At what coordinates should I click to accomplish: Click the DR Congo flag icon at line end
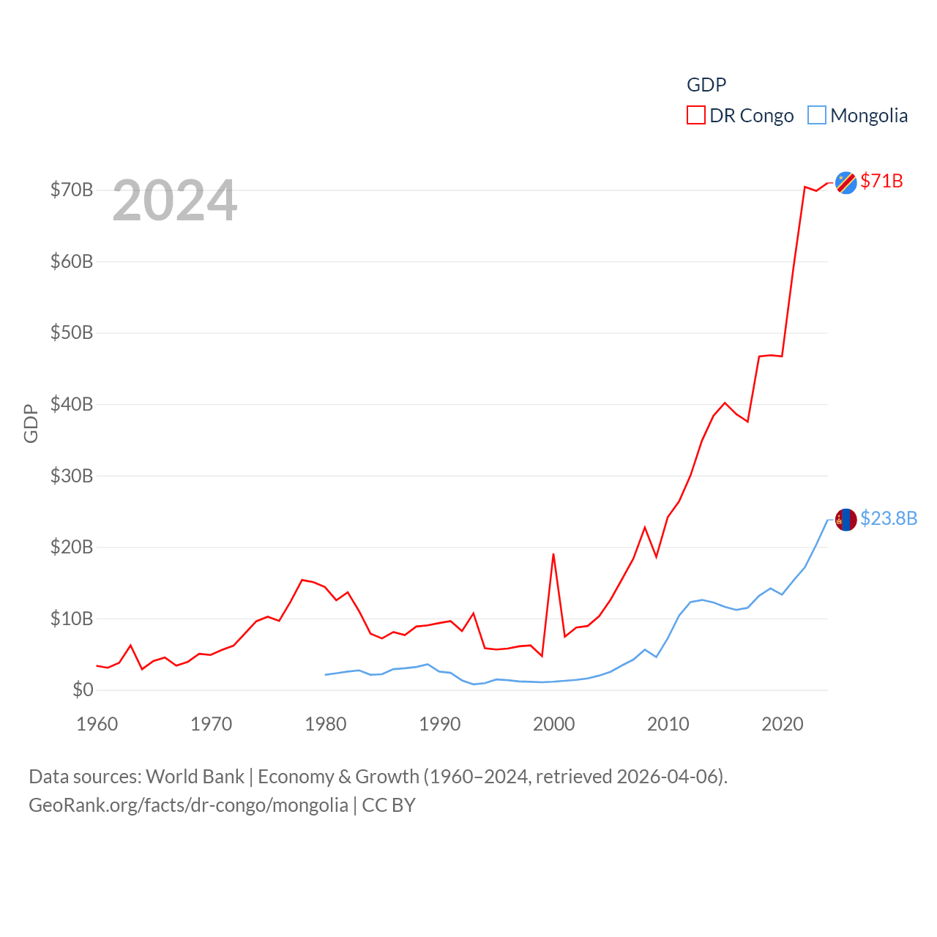coord(845,182)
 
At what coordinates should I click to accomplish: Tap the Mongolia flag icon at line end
coord(845,520)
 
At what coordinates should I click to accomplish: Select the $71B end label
coord(881,181)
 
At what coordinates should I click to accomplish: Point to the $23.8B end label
coord(888,518)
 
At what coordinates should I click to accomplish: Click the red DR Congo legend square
coord(695,116)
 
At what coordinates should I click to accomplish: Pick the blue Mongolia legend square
coord(816,116)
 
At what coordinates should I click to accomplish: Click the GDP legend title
coord(706,85)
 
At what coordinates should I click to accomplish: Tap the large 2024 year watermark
coord(174,201)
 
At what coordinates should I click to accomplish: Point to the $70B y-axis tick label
coord(72,190)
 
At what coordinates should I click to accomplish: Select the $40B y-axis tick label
coord(72,404)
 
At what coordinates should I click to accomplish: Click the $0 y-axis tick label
coord(83,690)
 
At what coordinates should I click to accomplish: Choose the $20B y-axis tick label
coord(72,547)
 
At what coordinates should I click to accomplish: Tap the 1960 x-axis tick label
coord(97,724)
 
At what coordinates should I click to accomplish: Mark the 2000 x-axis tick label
coord(553,724)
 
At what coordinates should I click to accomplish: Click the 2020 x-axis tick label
coord(782,724)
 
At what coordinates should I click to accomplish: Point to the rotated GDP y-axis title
coord(31,423)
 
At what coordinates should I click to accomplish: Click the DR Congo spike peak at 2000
coord(553,554)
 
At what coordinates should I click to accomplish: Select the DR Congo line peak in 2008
coord(645,528)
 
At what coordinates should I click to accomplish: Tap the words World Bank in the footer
coord(195,776)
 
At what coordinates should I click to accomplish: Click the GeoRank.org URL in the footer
coord(188,805)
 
